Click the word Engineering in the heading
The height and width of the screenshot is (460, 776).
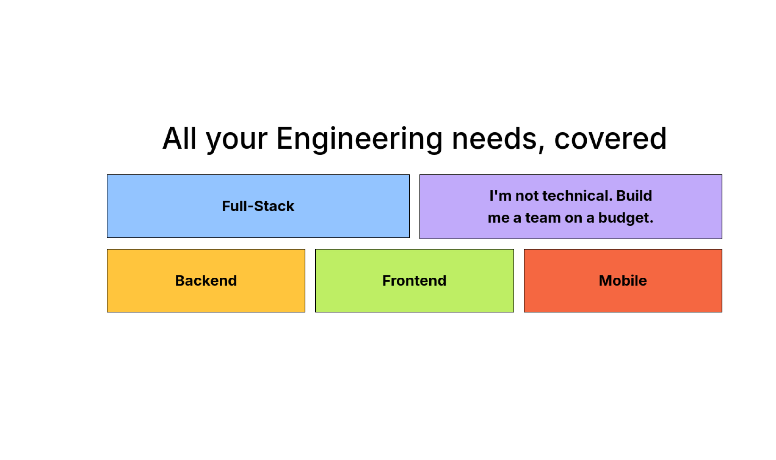pyautogui.click(x=359, y=139)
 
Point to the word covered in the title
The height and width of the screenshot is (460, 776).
pyautogui.click(x=610, y=139)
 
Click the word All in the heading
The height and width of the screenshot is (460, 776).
pyautogui.click(x=179, y=139)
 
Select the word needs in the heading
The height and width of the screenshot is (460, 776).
pyautogui.click(x=494, y=139)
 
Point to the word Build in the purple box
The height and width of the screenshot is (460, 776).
pyautogui.click(x=634, y=195)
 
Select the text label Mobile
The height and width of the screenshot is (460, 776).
pyautogui.click(x=623, y=281)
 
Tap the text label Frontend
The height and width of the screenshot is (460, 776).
pyautogui.click(x=414, y=281)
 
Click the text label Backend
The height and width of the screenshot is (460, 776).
pyautogui.click(x=206, y=281)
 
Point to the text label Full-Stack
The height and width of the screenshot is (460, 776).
pyautogui.click(x=258, y=206)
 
